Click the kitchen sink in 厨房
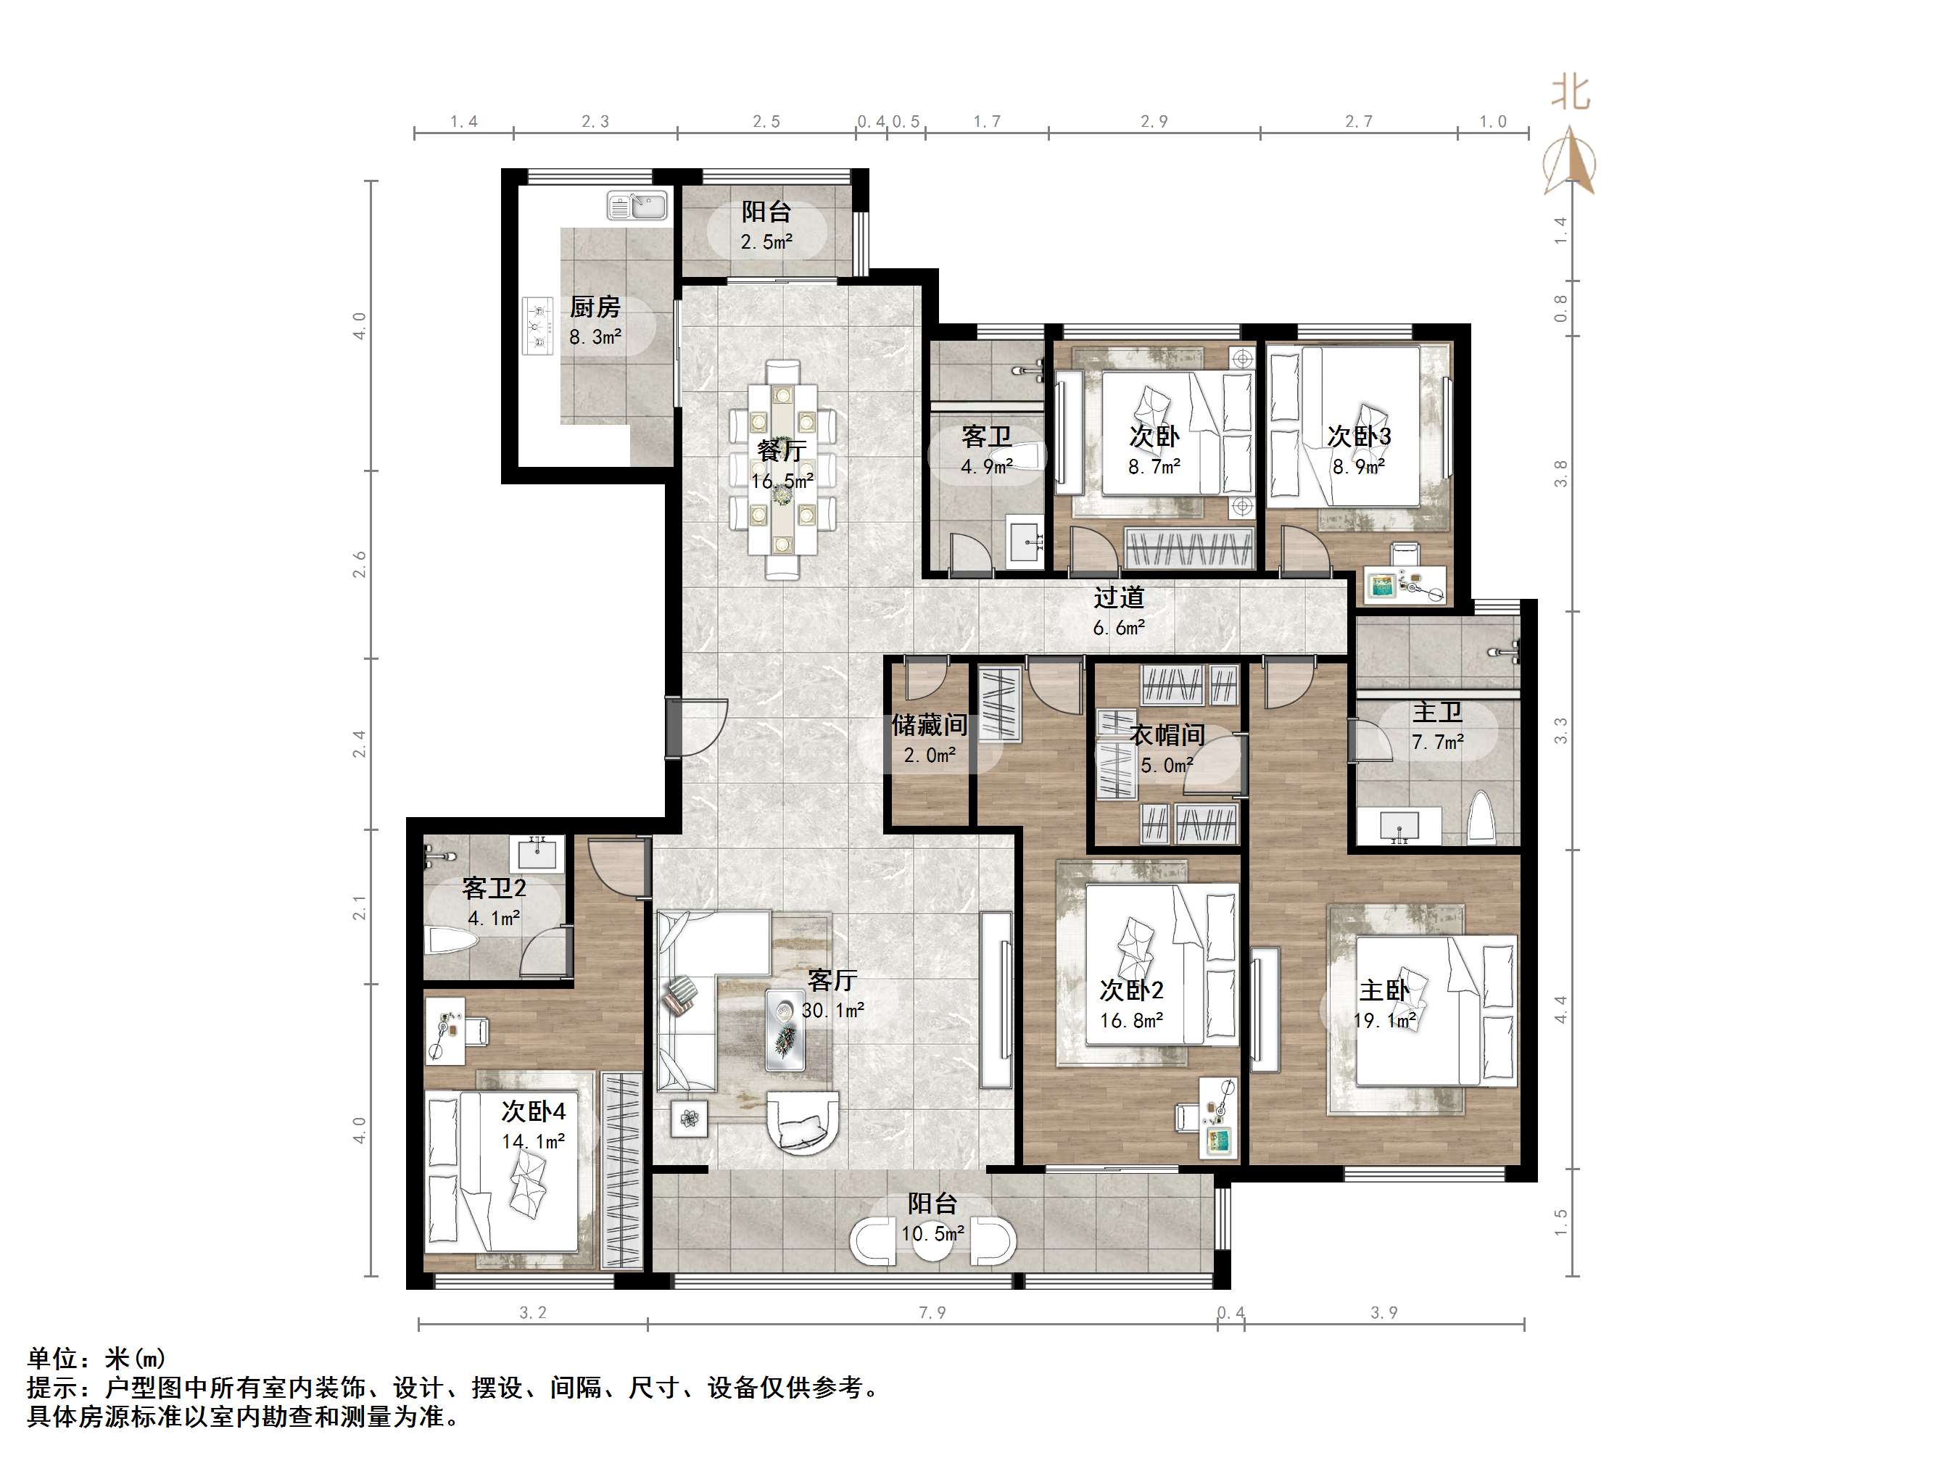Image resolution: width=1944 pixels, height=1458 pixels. pyautogui.click(x=637, y=206)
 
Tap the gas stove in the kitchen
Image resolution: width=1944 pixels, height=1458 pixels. pyautogui.click(x=538, y=326)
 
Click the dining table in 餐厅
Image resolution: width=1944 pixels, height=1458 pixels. pyautogui.click(x=782, y=471)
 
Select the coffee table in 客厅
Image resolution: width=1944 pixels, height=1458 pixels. pyautogui.click(x=784, y=1029)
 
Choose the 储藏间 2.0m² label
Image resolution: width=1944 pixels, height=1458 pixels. pyautogui.click(x=930, y=738)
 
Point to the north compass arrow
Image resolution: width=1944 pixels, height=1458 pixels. pyautogui.click(x=1568, y=162)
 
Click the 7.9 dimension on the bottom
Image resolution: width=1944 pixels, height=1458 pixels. pyautogui.click(x=932, y=1313)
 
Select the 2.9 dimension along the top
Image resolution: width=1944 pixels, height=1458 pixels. pyautogui.click(x=1154, y=121)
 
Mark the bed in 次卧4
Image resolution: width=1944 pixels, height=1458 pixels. pyautogui.click(x=502, y=1169)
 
